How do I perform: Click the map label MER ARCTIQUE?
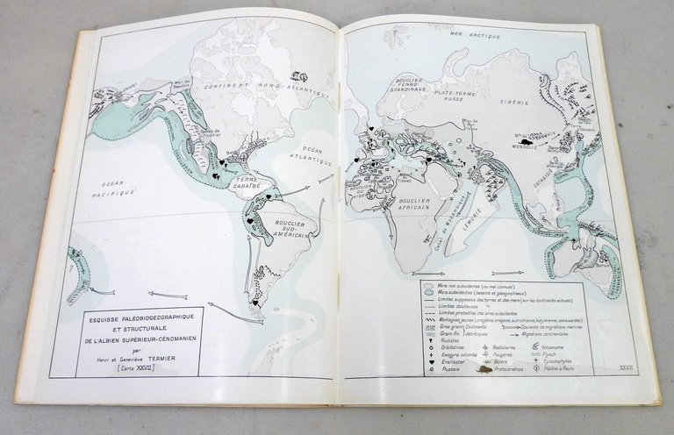tap(468, 35)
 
